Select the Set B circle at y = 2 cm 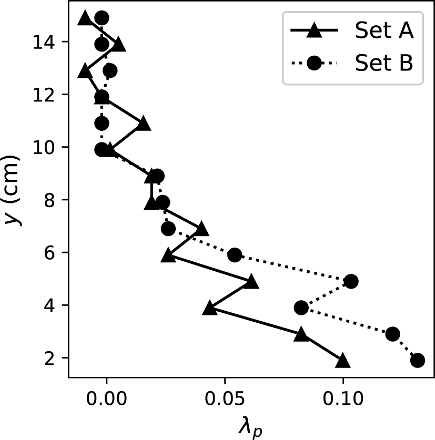tap(417, 360)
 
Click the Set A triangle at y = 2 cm tap(343, 360)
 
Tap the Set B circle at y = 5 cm tap(351, 281)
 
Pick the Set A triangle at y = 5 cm tap(252, 281)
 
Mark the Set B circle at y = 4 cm tap(301, 308)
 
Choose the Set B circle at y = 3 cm tap(392, 334)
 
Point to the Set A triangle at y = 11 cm tap(143, 124)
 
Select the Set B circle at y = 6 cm tap(235, 255)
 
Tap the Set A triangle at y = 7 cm tap(201, 229)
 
